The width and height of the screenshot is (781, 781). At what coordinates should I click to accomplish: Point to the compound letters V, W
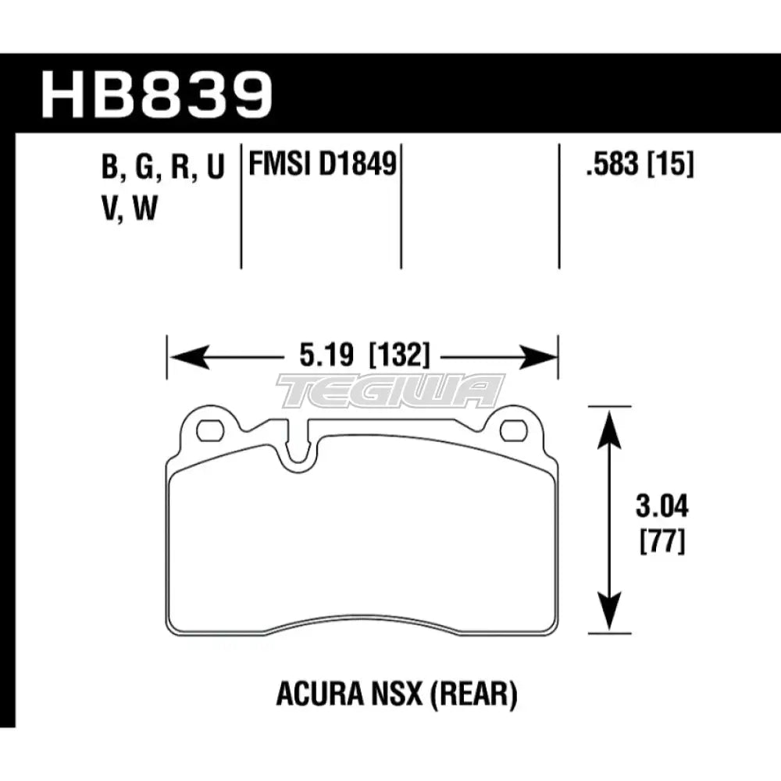pos(129,210)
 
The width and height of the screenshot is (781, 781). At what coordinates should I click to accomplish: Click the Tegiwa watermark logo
pos(390,390)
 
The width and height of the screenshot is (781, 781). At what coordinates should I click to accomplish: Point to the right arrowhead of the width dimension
pos(544,358)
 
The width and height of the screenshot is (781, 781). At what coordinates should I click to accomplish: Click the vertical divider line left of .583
pos(559,207)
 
